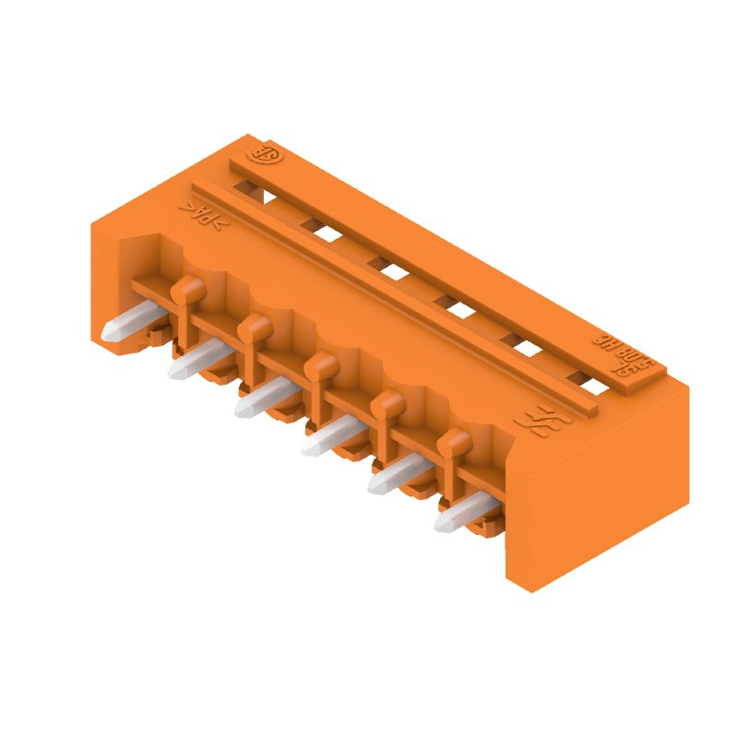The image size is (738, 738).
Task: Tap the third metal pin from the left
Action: click(262, 398)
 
